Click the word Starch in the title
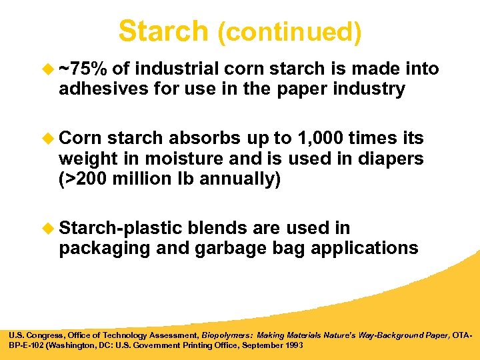coord(163,31)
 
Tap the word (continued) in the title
coord(289,33)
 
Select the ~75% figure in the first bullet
coord(83,69)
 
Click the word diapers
coord(390,159)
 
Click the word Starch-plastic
coord(120,228)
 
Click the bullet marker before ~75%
coord(49,69)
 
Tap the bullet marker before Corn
coord(49,139)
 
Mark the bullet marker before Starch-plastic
coord(49,228)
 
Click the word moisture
coord(177,159)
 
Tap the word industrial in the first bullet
coord(177,69)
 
